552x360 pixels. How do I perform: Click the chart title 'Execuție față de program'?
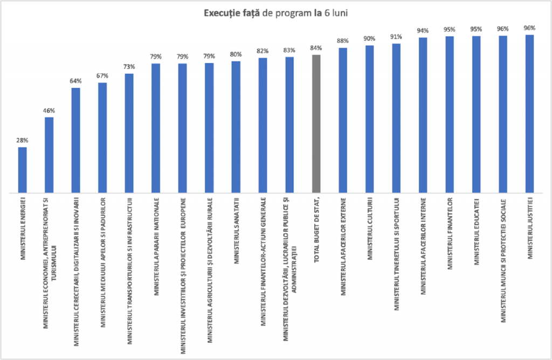click(x=275, y=13)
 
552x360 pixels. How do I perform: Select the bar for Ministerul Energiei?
click(x=23, y=170)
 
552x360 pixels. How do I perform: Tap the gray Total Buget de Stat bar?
click(x=316, y=123)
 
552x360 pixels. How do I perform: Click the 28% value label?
click(x=23, y=140)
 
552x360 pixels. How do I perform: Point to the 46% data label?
click(x=49, y=110)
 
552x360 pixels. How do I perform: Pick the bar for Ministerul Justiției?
click(x=529, y=114)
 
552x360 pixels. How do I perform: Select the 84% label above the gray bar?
click(x=316, y=48)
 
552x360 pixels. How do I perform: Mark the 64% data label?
click(x=76, y=81)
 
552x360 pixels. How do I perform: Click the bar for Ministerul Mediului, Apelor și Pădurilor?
click(x=102, y=137)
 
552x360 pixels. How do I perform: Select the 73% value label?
click(x=129, y=67)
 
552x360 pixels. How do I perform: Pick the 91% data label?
click(x=396, y=37)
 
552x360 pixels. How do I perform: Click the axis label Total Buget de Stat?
click(x=316, y=232)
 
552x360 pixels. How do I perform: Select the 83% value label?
click(x=289, y=50)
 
